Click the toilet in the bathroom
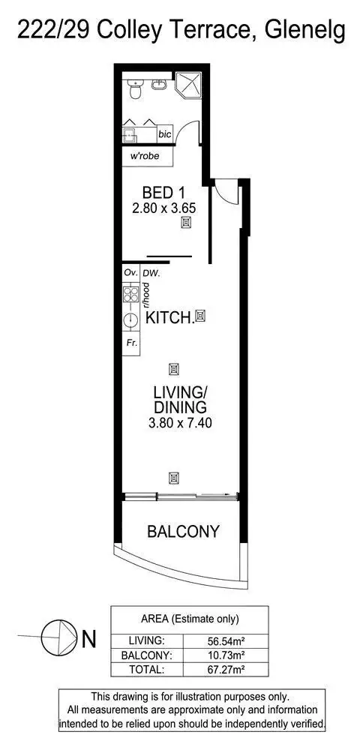pos(133,91)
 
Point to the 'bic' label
pos(164,133)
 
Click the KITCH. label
pos(169,318)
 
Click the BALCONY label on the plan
pos(183,532)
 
